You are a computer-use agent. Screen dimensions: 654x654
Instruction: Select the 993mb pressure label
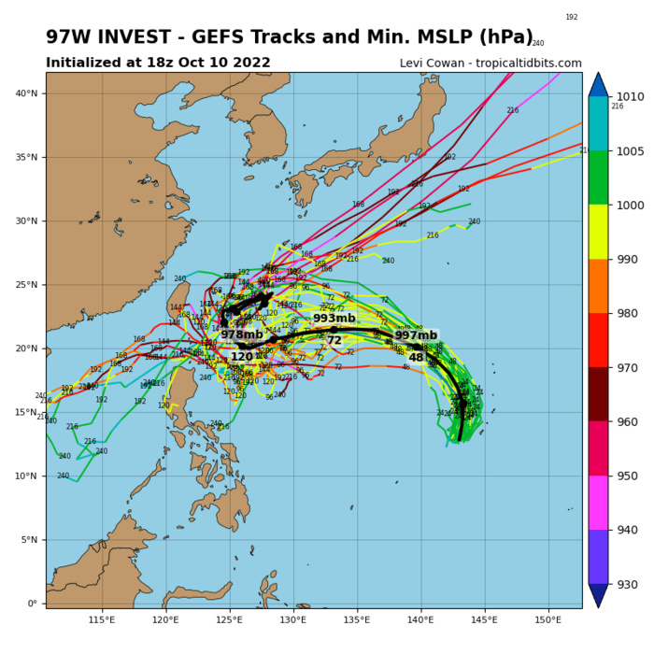334,319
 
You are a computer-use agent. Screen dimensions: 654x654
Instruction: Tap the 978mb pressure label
242,334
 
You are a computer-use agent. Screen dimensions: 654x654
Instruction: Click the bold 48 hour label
417,358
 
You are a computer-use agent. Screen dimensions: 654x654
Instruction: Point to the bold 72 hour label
334,341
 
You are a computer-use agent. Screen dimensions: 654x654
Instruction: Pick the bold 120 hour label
242,357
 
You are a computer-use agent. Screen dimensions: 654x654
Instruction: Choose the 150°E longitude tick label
548,620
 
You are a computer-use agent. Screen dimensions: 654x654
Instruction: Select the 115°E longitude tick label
102,620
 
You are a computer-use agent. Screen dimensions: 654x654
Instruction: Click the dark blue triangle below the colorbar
599,597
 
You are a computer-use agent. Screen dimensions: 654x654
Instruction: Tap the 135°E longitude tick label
357,620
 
